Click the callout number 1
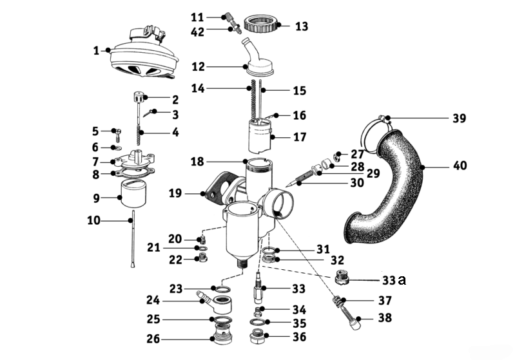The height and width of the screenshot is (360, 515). point(96,50)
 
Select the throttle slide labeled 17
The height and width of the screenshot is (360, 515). point(262,136)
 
